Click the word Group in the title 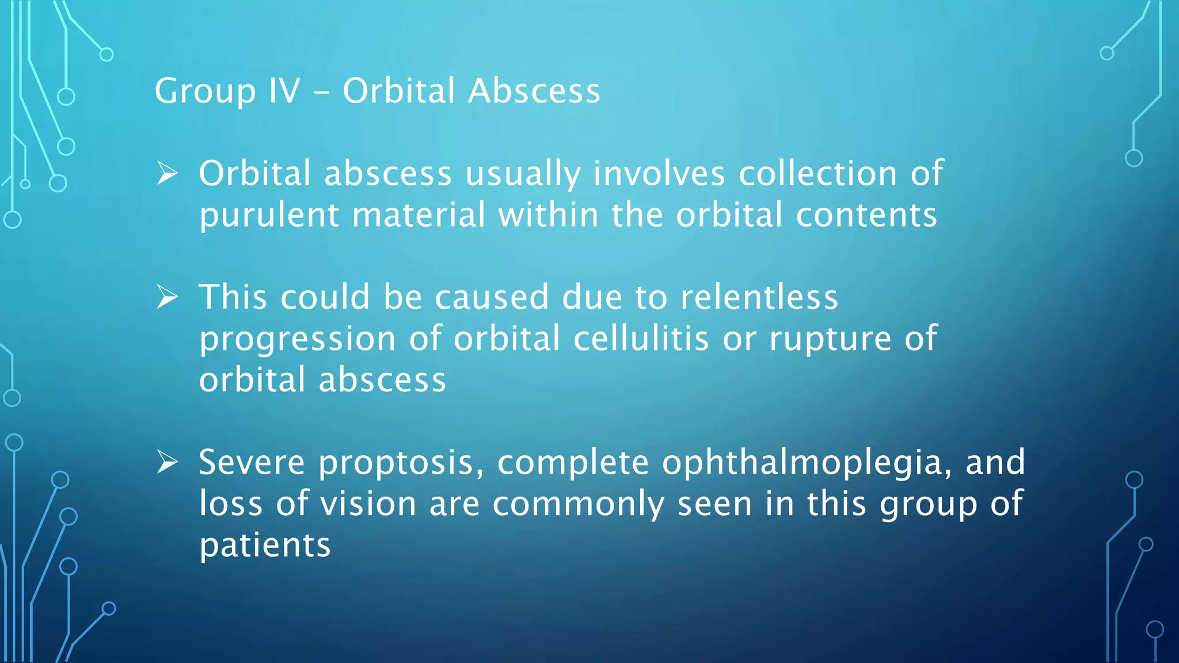click(205, 92)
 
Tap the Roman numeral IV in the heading click(284, 91)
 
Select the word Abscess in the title click(534, 91)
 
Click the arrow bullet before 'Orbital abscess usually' click(168, 173)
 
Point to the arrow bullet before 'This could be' click(168, 298)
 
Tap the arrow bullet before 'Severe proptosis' click(168, 462)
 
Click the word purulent click(269, 216)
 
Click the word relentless click(759, 297)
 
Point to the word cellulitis click(641, 338)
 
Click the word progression click(298, 340)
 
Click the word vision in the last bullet click(368, 504)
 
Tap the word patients click(265, 546)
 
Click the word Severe click(252, 462)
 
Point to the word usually click(523, 174)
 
